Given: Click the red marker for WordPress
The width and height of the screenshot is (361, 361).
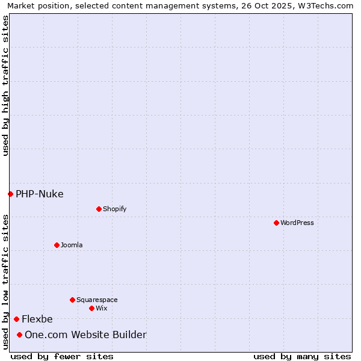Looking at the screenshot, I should point(276,223).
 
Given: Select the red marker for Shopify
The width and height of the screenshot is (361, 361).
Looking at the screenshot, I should point(99,209).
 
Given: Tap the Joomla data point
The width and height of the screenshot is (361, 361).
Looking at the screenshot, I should point(57,245).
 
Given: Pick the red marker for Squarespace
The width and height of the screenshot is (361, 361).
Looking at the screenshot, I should point(72,300).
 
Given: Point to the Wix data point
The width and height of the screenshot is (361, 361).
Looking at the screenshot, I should point(91,308).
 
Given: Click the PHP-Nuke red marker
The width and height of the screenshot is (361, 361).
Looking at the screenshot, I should point(10,194).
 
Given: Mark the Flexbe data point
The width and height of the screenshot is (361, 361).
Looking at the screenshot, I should point(16,319).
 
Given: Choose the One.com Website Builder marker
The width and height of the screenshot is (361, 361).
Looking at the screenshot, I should point(19,335).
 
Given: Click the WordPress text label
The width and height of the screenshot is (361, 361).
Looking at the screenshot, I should point(297,223).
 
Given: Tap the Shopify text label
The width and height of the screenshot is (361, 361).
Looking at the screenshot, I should point(115,209).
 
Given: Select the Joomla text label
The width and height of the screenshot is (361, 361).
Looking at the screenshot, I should point(72,245).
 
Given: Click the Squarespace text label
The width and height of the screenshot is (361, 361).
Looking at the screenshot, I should point(97,300).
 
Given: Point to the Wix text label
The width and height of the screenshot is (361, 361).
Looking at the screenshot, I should point(102,308).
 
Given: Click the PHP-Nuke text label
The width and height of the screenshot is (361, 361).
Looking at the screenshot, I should point(40,194).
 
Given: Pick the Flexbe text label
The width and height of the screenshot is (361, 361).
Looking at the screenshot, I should point(37,319).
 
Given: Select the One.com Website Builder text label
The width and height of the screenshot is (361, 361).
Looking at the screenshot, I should point(85,335).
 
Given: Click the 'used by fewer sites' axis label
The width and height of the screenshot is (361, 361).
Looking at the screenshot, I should point(62,356).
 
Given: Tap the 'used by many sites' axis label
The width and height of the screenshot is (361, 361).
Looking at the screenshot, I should point(302,356).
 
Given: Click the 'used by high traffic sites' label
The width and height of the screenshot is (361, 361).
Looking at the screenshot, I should point(5,85).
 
